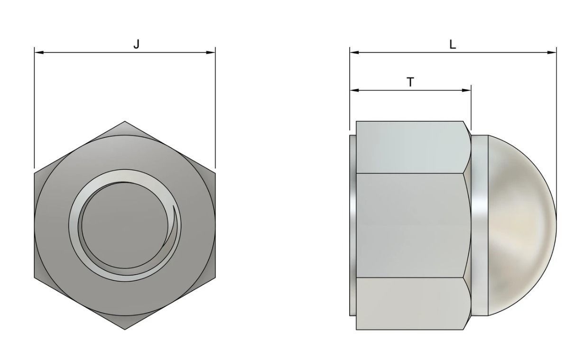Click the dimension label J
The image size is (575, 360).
136,45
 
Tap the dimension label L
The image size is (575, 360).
453,45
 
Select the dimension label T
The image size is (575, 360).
410,82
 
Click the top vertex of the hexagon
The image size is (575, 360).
125,122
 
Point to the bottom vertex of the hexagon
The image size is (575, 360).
125,329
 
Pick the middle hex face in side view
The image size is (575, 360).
410,225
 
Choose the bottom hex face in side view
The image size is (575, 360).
410,304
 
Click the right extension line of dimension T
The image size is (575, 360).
471,107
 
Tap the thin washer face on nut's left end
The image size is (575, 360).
352,225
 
